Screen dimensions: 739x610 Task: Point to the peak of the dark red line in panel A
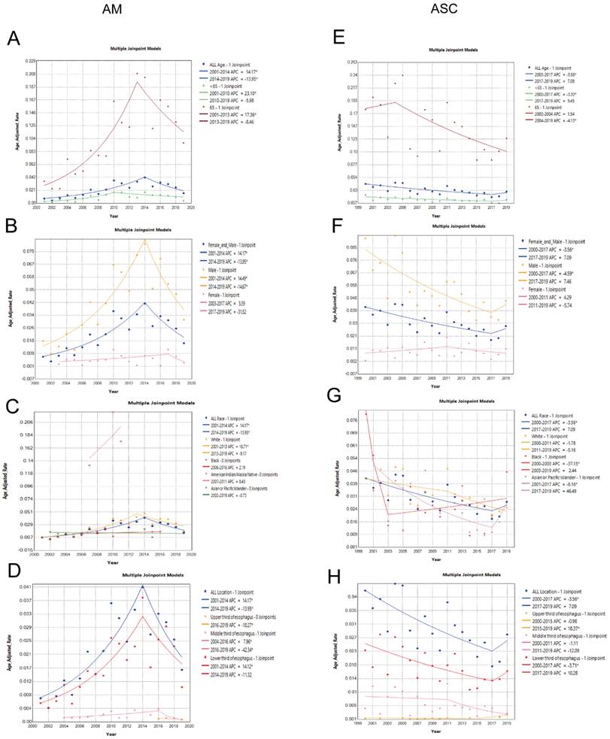click(136, 82)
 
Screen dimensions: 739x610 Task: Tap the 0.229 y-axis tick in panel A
click(30, 60)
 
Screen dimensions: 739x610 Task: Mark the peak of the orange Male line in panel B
click(144, 241)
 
